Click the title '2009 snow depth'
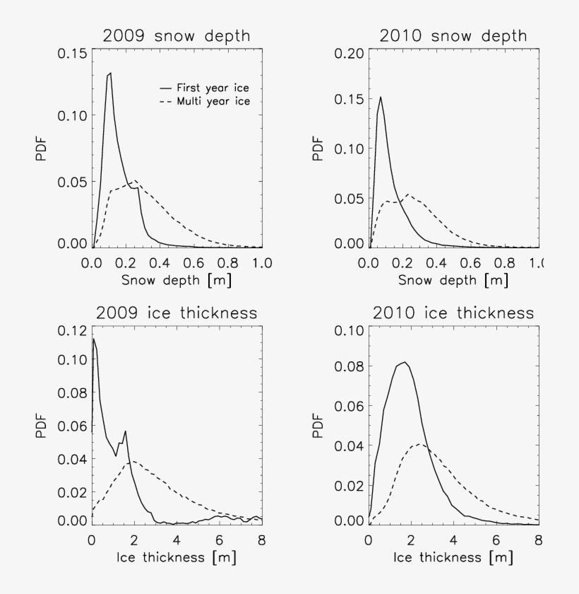click(x=177, y=36)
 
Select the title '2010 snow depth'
click(x=454, y=36)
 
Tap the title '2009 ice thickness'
click(x=177, y=312)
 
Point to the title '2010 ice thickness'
click(x=454, y=312)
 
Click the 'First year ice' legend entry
click(x=205, y=88)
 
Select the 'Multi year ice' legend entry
click(x=205, y=101)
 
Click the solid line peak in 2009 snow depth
click(x=110, y=73)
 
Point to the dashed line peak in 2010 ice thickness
click(x=419, y=444)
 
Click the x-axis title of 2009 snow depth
click(x=177, y=281)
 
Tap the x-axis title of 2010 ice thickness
click(x=454, y=557)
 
